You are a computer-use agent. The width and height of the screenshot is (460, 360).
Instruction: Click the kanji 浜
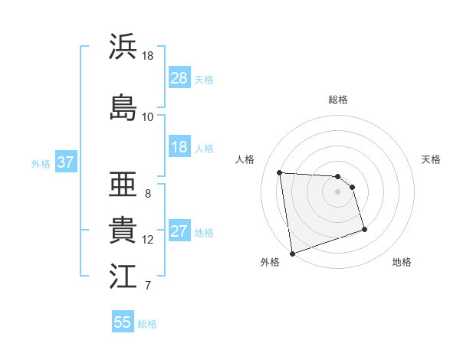(x=123, y=47)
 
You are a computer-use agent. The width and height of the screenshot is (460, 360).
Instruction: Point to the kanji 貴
(x=123, y=230)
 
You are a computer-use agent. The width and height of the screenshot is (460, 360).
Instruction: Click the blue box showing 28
(x=179, y=78)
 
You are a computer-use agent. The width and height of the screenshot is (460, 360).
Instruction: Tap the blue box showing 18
(x=179, y=147)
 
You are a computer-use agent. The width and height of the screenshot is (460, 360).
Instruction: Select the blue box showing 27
(x=179, y=232)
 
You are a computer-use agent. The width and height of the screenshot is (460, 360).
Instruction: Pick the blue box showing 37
(x=65, y=162)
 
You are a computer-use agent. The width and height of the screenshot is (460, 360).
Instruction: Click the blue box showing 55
(x=123, y=322)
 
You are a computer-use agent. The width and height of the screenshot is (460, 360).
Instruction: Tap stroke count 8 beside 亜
(x=147, y=193)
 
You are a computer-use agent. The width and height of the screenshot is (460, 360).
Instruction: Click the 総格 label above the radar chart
(x=337, y=100)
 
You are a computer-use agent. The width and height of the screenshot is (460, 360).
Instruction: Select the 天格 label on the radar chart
(x=431, y=159)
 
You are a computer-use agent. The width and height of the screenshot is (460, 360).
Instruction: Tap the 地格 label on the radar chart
(x=402, y=262)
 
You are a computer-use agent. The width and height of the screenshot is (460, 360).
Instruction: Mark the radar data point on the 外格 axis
(x=291, y=253)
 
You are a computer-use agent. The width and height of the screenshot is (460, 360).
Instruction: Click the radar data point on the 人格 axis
(x=279, y=172)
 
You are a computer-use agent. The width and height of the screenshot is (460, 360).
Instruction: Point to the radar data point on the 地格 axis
(x=364, y=229)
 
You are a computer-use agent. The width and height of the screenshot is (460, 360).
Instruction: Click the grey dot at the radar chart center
(x=337, y=191)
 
